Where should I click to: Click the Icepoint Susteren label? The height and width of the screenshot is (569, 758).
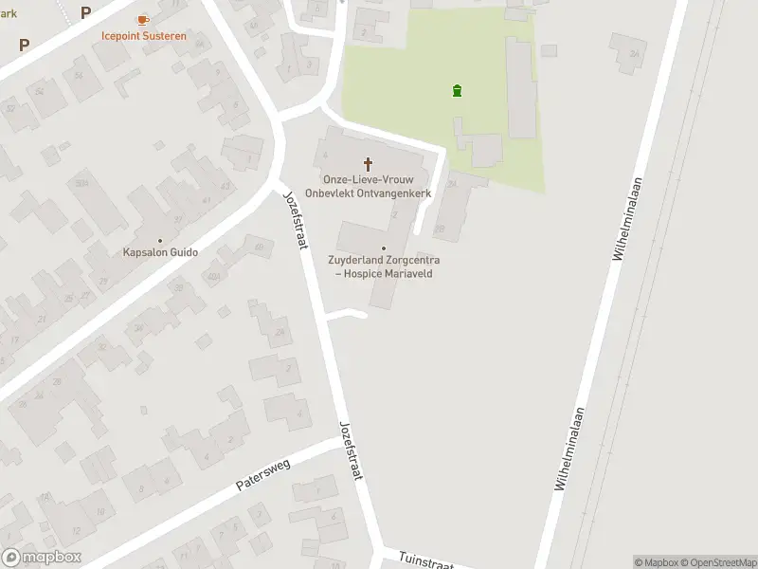point(144,36)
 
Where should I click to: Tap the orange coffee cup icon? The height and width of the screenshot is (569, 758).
point(143,19)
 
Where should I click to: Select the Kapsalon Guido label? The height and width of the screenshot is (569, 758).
point(160,253)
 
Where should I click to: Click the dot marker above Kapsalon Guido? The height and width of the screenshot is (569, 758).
point(160,240)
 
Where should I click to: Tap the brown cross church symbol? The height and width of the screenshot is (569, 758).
point(368,164)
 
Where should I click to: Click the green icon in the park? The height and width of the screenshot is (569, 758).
point(457,91)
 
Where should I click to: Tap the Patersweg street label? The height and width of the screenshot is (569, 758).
point(262,473)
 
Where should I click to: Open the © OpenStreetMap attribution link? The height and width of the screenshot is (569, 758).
point(718,562)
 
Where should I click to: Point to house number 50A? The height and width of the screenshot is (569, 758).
point(81,182)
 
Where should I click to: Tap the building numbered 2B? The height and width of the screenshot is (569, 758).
point(439,229)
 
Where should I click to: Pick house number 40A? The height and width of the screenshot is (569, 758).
point(214,276)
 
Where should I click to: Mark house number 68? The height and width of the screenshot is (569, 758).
point(259,248)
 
